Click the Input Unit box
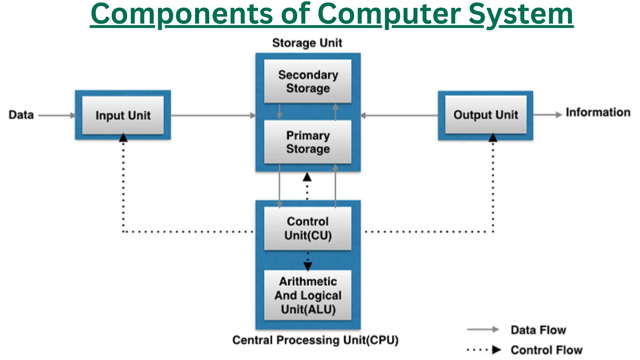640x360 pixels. pos(123,115)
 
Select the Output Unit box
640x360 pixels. pos(486,115)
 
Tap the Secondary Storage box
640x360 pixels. pos(308,81)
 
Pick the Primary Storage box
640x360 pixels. pos(308,142)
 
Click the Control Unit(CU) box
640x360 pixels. pos(308,228)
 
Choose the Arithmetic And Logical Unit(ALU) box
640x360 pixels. pos(308,295)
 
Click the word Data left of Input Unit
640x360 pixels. pos(21,115)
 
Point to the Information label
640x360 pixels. pos(598,112)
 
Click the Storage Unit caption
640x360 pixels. pos(307,43)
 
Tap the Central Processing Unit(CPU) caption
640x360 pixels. pos(315,340)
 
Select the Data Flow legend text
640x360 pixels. pos(538,330)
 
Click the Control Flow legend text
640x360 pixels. pos(547,350)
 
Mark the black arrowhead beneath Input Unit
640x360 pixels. pos(123,138)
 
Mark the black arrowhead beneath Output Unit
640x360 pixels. pos(493,138)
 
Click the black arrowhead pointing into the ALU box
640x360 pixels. pos(308,266)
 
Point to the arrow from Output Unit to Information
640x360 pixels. pos(547,115)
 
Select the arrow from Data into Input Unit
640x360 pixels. pos(57,115)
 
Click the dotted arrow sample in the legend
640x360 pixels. pos(484,350)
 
